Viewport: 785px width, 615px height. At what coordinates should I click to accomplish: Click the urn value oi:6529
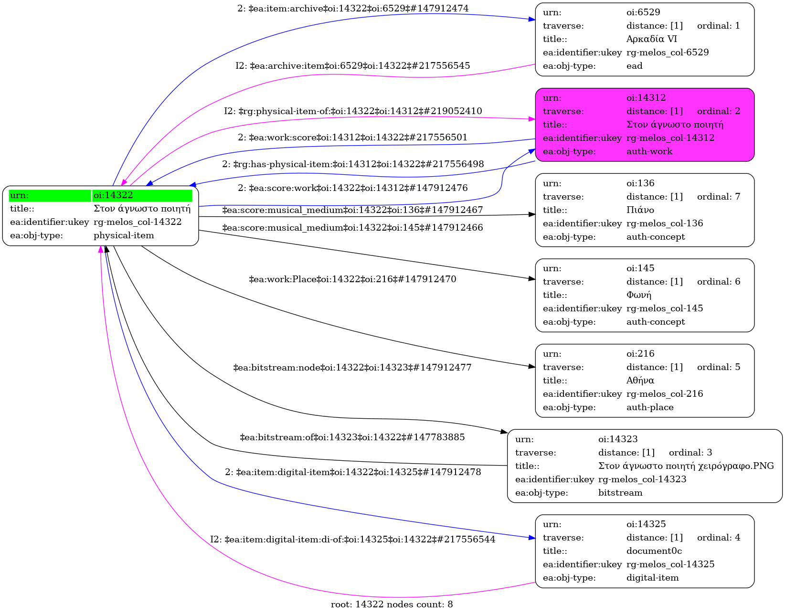pyautogui.click(x=643, y=12)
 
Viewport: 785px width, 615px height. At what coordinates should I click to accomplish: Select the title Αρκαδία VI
pyautogui.click(x=651, y=39)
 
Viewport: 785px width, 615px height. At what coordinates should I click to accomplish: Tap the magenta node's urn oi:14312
pyautogui.click(x=646, y=98)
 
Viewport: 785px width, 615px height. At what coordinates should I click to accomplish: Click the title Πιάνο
pyautogui.click(x=640, y=210)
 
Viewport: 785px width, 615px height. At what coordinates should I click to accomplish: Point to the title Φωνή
pyautogui.click(x=638, y=295)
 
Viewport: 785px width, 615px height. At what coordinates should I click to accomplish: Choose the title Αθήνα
pyautogui.click(x=640, y=381)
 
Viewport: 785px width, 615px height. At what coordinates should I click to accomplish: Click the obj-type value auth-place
pyautogui.click(x=649, y=407)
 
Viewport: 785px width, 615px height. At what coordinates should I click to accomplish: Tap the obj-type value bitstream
pyautogui.click(x=620, y=493)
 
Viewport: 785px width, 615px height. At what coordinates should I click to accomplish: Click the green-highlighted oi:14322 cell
pyautogui.click(x=142, y=195)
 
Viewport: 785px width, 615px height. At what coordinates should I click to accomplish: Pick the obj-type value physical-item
pyautogui.click(x=124, y=235)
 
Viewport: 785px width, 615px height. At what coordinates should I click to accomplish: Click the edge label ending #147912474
pyautogui.click(x=353, y=9)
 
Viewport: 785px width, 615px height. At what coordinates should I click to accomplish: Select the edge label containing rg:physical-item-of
pyautogui.click(x=353, y=111)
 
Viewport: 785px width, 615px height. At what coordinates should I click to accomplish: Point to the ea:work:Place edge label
pyautogui.click(x=352, y=279)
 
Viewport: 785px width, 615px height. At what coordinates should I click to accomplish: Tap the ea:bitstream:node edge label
pyautogui.click(x=352, y=368)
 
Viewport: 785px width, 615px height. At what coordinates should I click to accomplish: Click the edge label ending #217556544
pyautogui.click(x=352, y=540)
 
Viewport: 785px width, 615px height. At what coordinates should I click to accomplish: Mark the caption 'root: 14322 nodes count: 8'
pyautogui.click(x=392, y=604)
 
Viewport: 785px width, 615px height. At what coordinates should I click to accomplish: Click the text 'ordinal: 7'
pyautogui.click(x=718, y=197)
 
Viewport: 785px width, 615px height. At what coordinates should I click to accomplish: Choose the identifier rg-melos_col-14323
pyautogui.click(x=642, y=479)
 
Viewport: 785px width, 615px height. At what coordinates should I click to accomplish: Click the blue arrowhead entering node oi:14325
pyautogui.click(x=532, y=538)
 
